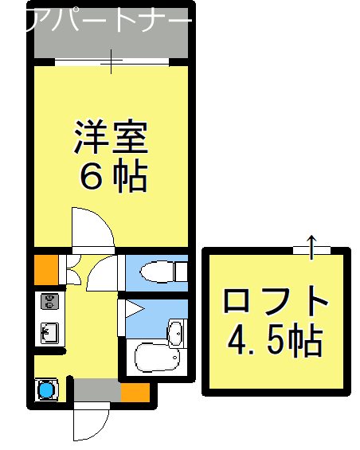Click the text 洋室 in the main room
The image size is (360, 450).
point(111,136)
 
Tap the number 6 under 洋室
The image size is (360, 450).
point(89,178)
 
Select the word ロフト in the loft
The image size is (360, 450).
point(276,303)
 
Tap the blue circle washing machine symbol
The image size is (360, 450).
point(46,391)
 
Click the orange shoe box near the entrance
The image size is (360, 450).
point(135,392)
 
